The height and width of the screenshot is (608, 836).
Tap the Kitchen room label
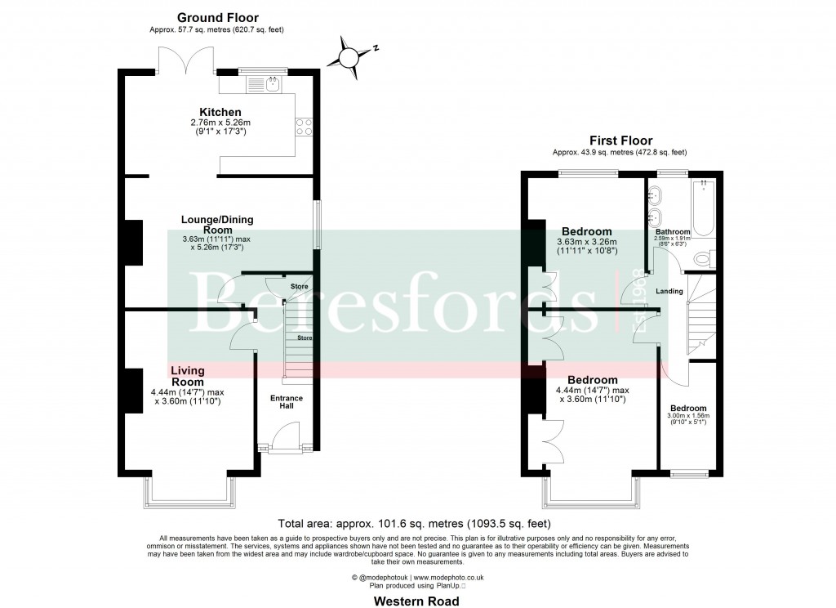pyautogui.click(x=220, y=112)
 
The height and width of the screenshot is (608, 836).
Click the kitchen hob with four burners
pyautogui.click(x=304, y=126)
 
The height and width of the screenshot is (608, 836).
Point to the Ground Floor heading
pyautogui.click(x=217, y=17)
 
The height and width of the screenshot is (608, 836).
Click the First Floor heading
pyautogui.click(x=619, y=141)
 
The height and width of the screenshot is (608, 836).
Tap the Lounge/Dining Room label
pyautogui.click(x=217, y=225)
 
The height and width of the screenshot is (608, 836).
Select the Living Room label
pyautogui.click(x=187, y=377)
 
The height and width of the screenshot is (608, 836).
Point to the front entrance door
pyautogui.click(x=285, y=436)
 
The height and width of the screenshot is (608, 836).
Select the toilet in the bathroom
pyautogui.click(x=705, y=259)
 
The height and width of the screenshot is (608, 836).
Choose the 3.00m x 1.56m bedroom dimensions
pyautogui.click(x=689, y=419)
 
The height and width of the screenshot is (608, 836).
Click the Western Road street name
pyautogui.click(x=416, y=601)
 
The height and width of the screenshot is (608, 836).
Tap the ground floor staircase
pyautogui.click(x=298, y=343)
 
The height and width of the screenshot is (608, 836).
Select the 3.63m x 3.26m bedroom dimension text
pyautogui.click(x=587, y=246)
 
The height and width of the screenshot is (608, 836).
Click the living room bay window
pyautogui.click(x=189, y=494)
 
